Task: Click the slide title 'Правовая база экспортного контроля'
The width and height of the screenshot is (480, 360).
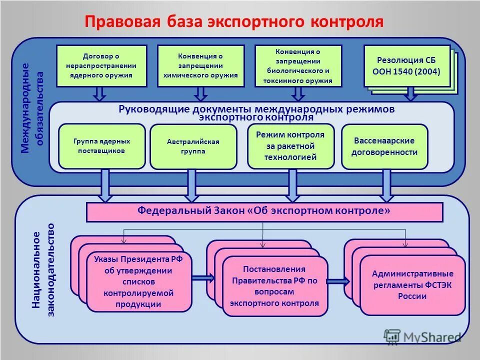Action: pos(233,21)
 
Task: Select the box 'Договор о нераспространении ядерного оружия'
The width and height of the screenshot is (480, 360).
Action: pos(101,66)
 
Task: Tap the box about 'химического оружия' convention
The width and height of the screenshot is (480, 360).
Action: pos(200,66)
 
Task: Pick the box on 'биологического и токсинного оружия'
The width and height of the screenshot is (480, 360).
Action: pos(298,66)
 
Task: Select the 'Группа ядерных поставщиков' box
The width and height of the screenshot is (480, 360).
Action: pos(102,146)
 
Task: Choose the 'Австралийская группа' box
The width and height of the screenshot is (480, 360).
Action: pos(193,146)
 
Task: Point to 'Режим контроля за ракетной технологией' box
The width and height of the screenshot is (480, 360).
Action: pos(290,146)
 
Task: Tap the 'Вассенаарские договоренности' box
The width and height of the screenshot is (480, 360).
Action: pos(384,146)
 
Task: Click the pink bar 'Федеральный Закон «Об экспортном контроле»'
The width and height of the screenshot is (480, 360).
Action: pos(264,211)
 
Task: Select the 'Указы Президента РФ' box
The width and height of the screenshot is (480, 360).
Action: pos(139,282)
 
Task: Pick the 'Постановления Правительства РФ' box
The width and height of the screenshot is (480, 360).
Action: pos(274,286)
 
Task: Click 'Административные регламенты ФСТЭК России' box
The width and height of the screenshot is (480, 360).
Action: pos(412,285)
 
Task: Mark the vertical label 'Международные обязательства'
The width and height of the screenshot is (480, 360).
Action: pos(32,107)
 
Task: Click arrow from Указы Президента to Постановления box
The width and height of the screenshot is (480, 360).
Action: pos(203,278)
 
